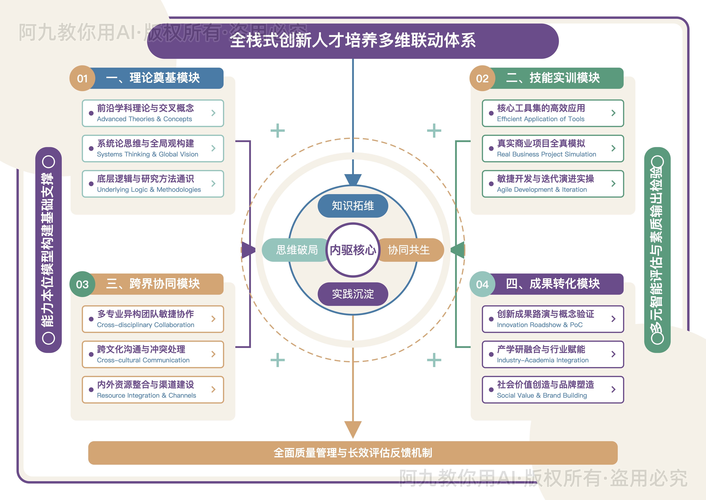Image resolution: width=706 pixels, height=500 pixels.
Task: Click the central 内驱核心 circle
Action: pyautogui.click(x=353, y=250)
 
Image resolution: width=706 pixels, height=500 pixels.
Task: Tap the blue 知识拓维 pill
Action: pyautogui.click(x=353, y=206)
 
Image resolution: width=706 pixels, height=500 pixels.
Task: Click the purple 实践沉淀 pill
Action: pyautogui.click(x=353, y=294)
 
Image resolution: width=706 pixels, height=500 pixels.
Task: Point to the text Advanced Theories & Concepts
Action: pyautogui.click(x=144, y=119)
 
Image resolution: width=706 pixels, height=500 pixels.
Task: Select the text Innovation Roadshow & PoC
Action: pyautogui.click(x=540, y=325)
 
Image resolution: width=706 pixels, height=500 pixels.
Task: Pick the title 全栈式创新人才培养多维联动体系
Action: pyautogui.click(x=353, y=41)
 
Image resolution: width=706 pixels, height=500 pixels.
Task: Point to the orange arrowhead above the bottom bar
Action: pyautogui.click(x=353, y=429)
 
